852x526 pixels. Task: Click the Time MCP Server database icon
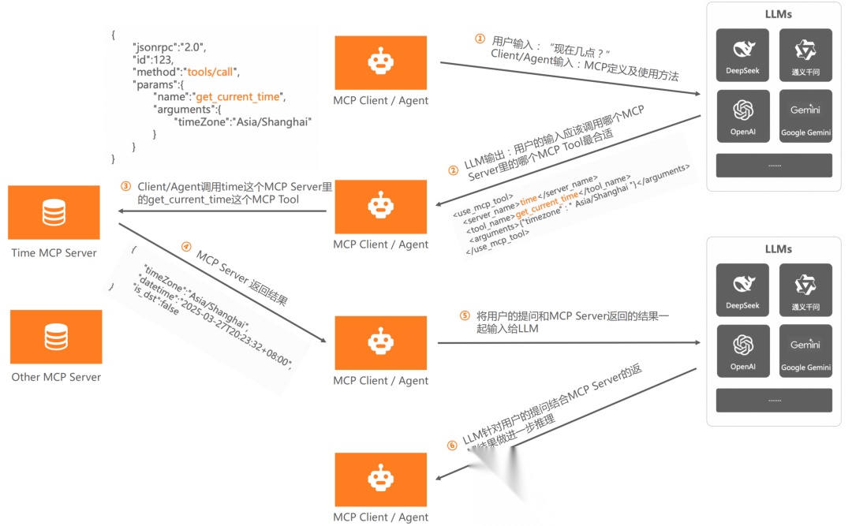[x=54, y=212]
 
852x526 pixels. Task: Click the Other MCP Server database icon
[x=56, y=337]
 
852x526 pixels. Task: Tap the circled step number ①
[x=479, y=39]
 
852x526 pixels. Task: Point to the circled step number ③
[x=125, y=187]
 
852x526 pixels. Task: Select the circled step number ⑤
[x=465, y=315]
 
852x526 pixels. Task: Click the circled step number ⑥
[x=451, y=446]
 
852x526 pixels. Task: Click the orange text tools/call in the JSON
[x=213, y=72]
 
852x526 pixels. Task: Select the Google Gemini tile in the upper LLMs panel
[x=805, y=115]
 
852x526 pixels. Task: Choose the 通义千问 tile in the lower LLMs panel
[x=805, y=290]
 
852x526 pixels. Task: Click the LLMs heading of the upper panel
[x=778, y=14]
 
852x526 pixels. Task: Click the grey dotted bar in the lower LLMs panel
[x=773, y=400]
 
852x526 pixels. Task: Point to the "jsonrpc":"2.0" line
[x=169, y=47]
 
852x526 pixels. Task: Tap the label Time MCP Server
[x=54, y=253]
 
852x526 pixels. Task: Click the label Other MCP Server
[x=56, y=377]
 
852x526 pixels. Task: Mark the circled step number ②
[x=453, y=170]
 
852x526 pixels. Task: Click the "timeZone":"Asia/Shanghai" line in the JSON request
[x=243, y=122]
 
